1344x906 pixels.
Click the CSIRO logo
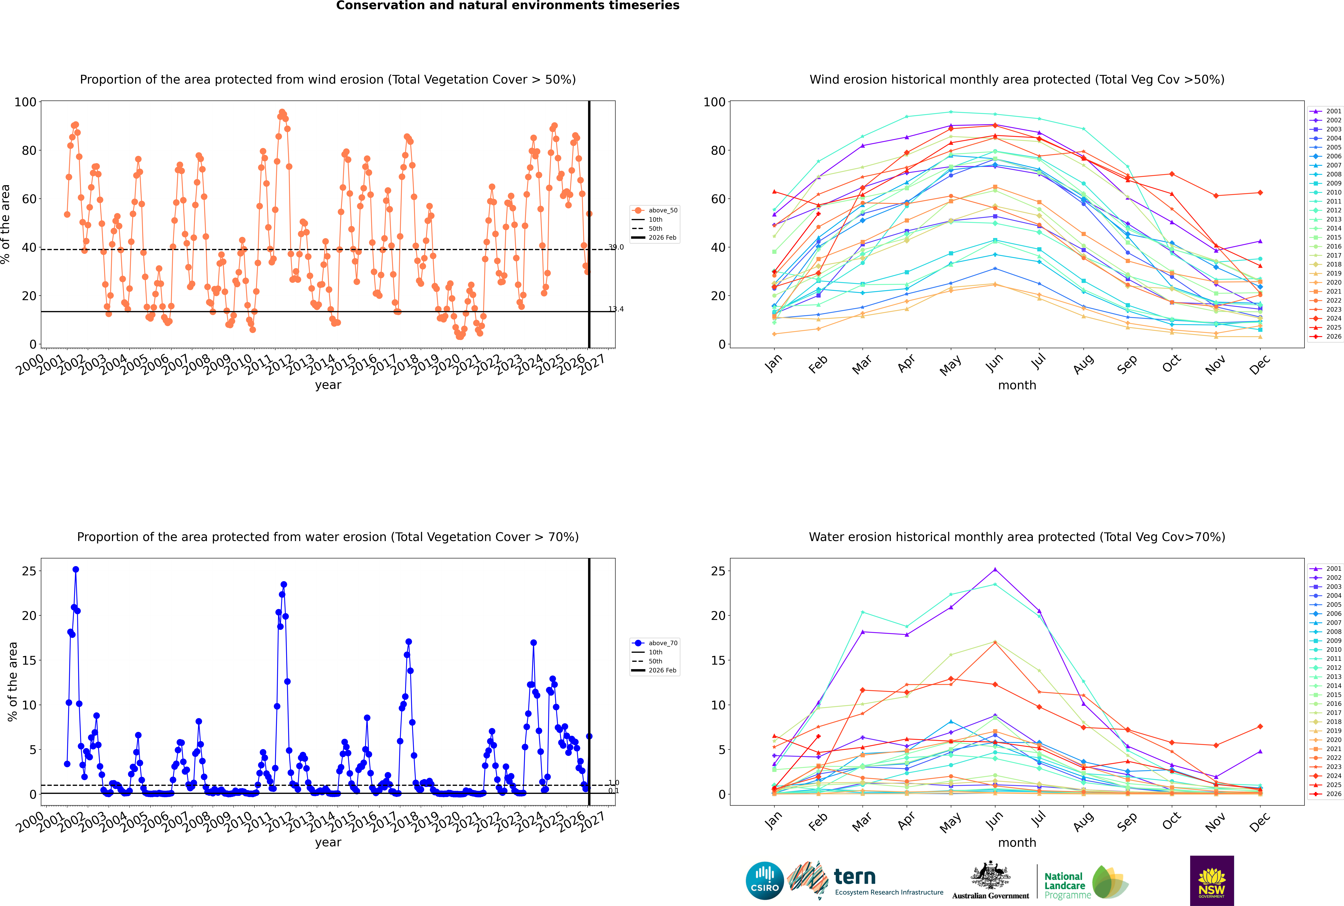764,881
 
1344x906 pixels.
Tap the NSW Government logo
1212,881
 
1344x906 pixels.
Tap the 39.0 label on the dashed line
616,247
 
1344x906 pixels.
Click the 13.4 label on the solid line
616,309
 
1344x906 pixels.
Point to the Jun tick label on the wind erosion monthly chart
995,362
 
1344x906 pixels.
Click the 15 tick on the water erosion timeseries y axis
29,660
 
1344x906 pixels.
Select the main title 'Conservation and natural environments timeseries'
508,6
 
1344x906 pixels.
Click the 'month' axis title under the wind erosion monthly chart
1017,385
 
